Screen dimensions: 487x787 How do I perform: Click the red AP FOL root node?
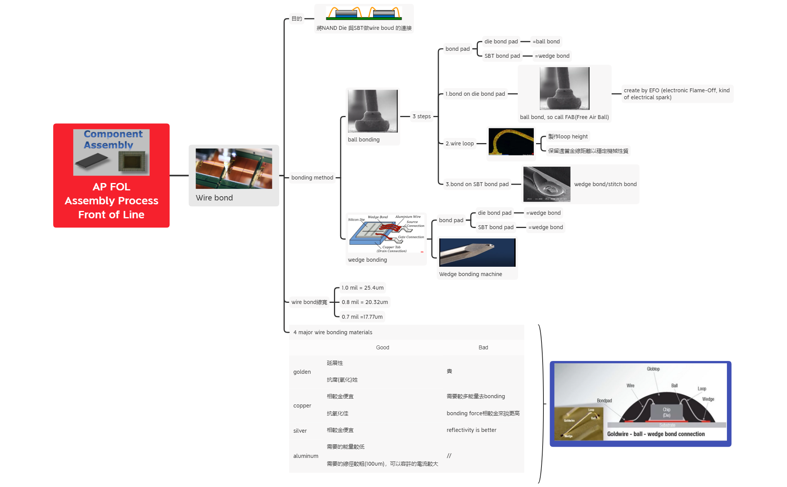111,175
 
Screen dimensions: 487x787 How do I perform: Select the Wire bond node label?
214,198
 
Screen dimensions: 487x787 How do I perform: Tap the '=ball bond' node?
546,41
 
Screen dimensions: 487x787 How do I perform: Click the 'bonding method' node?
312,178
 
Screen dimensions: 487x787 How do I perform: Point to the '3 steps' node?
421,116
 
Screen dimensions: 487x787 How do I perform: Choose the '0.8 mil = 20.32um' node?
365,302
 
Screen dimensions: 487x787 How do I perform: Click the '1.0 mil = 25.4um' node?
362,288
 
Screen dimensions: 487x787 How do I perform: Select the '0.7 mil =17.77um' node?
362,317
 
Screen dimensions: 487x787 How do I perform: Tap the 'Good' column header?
382,347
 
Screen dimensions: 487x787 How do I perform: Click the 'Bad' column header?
483,347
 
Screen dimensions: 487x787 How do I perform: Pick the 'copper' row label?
302,406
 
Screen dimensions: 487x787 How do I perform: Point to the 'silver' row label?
300,431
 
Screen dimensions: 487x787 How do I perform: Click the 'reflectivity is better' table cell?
471,430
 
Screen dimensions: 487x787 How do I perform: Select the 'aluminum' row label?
306,456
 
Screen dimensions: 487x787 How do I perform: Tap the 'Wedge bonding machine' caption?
470,274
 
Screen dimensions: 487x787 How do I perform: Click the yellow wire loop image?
511,142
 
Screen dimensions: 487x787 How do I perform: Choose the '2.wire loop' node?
460,143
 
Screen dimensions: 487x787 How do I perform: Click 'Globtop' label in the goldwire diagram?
653,369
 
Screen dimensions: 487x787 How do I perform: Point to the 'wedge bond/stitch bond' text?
605,184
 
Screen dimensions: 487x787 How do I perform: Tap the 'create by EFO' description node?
676,94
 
